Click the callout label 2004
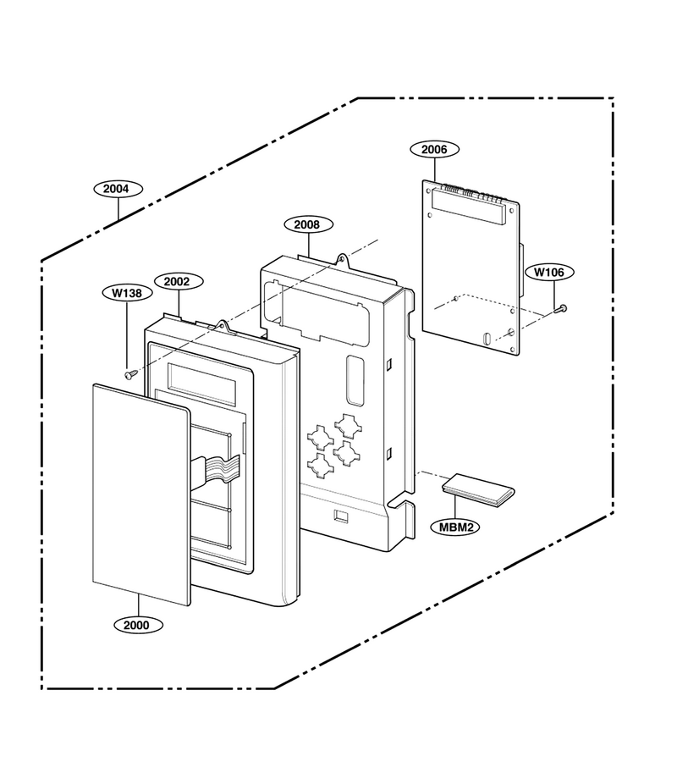[x=118, y=189]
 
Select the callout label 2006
[x=434, y=149]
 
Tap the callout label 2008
[x=308, y=224]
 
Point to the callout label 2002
[x=179, y=281]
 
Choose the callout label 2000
[x=138, y=625]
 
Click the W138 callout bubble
[x=128, y=293]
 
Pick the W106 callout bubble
[x=549, y=272]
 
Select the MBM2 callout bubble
[x=455, y=527]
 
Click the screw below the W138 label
[x=130, y=375]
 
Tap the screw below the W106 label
[x=560, y=308]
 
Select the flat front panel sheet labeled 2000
[x=141, y=494]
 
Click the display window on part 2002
[x=202, y=384]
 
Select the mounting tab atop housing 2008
[x=344, y=260]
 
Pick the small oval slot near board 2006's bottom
[x=486, y=339]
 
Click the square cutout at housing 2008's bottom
[x=341, y=516]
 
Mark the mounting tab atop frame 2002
[x=222, y=326]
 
